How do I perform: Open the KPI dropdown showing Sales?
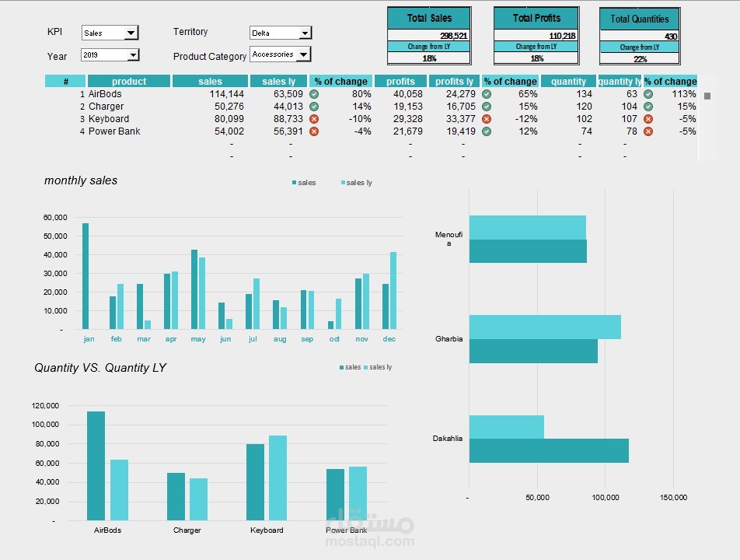click(110, 33)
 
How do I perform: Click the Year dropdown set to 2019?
click(110, 55)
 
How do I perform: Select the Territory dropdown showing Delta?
click(280, 33)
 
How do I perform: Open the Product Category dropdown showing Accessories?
click(280, 54)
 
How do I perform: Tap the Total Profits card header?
click(536, 18)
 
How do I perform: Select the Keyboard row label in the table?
click(109, 119)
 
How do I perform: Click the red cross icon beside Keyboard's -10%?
click(314, 119)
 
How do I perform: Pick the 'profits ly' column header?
click(454, 82)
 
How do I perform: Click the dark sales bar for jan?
click(86, 276)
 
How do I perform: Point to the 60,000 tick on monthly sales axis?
click(55, 218)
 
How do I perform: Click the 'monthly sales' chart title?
click(81, 180)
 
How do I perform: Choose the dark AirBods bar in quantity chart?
click(96, 465)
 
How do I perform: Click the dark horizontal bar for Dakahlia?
click(549, 451)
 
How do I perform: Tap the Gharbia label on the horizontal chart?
click(449, 339)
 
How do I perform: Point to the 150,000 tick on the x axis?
click(673, 498)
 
